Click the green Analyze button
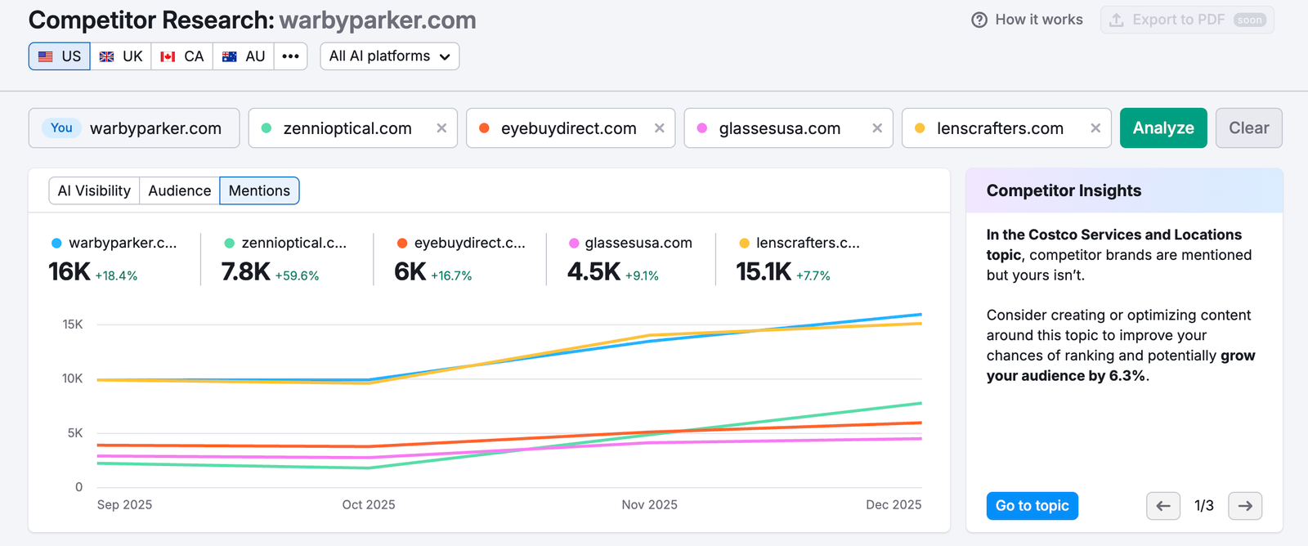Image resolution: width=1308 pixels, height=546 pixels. pyautogui.click(x=1162, y=128)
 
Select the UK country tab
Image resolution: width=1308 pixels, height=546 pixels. pyautogui.click(x=121, y=56)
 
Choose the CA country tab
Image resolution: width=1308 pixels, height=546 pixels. pyautogui.click(x=182, y=56)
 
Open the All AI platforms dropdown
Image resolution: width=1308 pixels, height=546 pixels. pyautogui.click(x=389, y=56)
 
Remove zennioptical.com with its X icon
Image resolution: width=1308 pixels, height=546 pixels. pyautogui.click(x=441, y=128)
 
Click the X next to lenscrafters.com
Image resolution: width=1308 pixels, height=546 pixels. pyautogui.click(x=1095, y=128)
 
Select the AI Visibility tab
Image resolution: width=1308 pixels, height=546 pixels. pyautogui.click(x=94, y=190)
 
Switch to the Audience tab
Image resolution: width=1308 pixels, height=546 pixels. pyautogui.click(x=179, y=190)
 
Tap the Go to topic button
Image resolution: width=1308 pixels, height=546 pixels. pyautogui.click(x=1032, y=506)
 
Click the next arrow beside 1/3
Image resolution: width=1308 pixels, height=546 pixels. pyautogui.click(x=1244, y=506)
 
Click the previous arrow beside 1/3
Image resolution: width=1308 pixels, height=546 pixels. pyautogui.click(x=1162, y=506)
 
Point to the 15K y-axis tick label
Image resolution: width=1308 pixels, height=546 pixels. pyautogui.click(x=73, y=324)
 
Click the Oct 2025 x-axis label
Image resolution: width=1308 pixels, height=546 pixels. pyautogui.click(x=369, y=505)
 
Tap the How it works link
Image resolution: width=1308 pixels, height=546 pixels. pyautogui.click(x=1027, y=20)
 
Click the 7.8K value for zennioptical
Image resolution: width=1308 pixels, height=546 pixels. pyautogui.click(x=245, y=272)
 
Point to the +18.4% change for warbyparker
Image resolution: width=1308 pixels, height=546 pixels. pyautogui.click(x=116, y=276)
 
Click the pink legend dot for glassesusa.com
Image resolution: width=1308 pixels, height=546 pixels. pyautogui.click(x=574, y=244)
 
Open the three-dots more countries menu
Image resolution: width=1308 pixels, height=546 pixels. pyautogui.click(x=290, y=56)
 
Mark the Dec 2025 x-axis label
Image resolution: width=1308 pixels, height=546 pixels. pyautogui.click(x=894, y=505)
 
